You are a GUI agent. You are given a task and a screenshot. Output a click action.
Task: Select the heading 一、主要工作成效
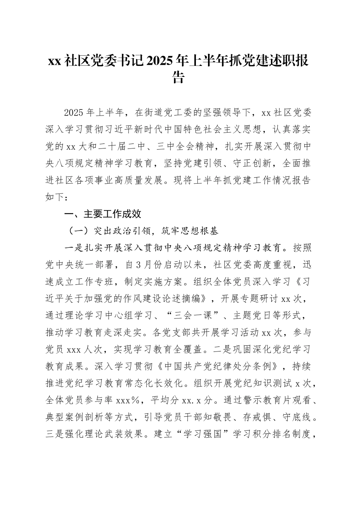point(103,214)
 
